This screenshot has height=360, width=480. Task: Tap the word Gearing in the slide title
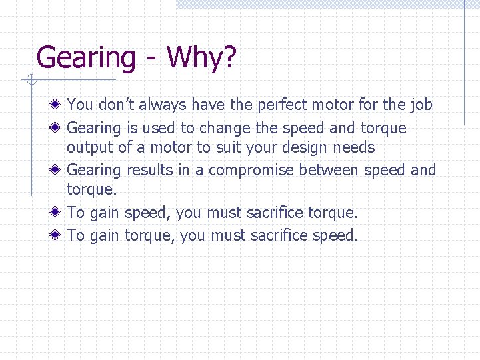point(86,58)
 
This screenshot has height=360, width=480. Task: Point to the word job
point(421,105)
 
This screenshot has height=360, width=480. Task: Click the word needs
point(353,147)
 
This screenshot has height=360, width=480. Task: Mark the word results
point(150,170)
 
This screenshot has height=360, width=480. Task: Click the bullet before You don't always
point(59,105)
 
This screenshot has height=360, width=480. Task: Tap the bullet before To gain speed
point(59,213)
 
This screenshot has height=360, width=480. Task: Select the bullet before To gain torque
point(59,235)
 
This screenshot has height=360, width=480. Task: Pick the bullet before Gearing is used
point(59,127)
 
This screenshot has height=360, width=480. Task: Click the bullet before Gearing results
point(59,170)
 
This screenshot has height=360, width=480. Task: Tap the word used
point(157,127)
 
